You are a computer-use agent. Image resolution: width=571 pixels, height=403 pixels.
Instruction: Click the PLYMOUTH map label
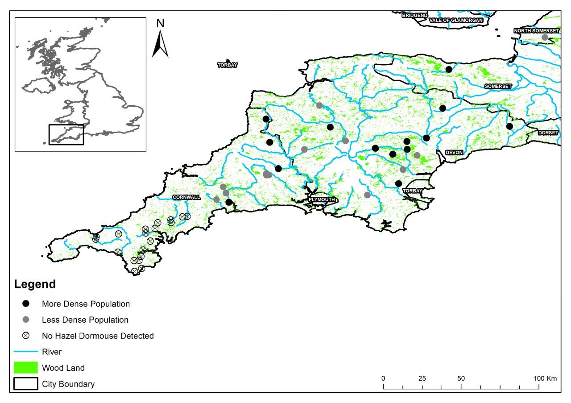(322, 199)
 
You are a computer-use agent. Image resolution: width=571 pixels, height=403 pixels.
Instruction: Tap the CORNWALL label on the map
(186, 197)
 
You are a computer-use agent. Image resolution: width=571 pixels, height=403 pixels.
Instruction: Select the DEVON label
(454, 153)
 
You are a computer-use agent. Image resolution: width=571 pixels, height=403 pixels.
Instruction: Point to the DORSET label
(548, 133)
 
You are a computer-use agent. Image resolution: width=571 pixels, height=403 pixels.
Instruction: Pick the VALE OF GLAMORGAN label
(456, 20)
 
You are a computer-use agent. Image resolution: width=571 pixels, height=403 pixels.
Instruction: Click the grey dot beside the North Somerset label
(545, 37)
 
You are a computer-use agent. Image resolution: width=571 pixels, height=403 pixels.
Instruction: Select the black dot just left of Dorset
(509, 126)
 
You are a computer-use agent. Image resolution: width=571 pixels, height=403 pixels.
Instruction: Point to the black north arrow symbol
(160, 45)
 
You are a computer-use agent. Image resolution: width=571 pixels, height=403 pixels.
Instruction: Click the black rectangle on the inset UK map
(66, 134)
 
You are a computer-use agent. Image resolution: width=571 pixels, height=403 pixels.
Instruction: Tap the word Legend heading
(35, 284)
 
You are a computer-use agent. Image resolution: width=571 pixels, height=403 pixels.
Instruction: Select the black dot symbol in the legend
(26, 304)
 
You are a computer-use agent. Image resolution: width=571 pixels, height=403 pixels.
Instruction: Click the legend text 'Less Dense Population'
(85, 320)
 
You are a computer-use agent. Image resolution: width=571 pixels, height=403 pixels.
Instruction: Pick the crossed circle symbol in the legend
(26, 336)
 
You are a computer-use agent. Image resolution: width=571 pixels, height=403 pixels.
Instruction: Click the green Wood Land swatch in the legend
(25, 368)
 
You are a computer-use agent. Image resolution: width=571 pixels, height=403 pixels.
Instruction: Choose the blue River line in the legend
(25, 352)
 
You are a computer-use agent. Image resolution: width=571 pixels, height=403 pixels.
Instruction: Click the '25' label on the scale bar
(422, 378)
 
